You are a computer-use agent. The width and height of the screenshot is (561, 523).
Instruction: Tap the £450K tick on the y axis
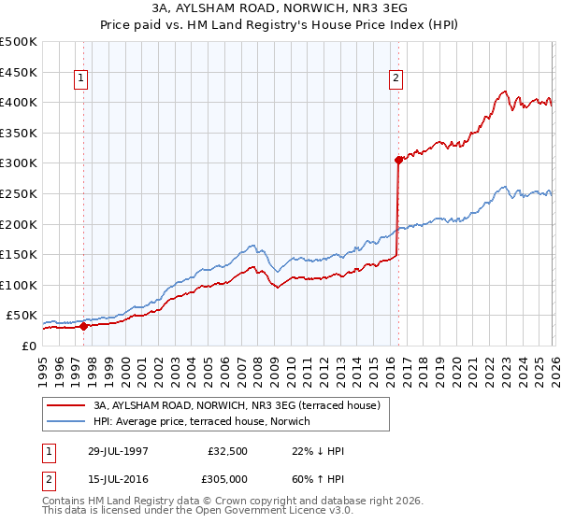19,72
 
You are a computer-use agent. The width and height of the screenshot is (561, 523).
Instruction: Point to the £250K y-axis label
19,193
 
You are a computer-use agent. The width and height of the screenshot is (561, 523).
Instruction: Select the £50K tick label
22,316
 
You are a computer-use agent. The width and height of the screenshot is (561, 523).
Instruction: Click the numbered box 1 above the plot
83,79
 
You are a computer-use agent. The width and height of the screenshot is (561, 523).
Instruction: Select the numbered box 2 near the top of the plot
396,79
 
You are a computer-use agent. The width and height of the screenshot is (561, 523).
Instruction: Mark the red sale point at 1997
84,326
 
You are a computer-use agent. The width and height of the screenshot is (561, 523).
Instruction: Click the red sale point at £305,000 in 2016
398,160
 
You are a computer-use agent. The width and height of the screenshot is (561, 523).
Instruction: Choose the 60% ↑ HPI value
318,479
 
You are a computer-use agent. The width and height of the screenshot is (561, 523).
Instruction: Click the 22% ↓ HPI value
318,451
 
